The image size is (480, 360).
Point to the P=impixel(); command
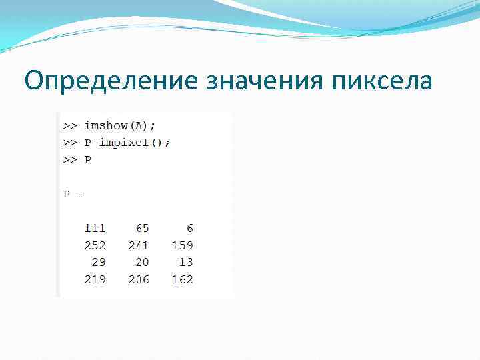127,143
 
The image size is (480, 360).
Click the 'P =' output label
74,194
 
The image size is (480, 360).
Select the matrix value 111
95,228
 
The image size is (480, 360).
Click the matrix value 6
189,228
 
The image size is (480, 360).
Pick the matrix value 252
95,245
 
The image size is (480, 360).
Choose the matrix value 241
139,245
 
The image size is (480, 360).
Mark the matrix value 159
182,245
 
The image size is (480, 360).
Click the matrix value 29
98,262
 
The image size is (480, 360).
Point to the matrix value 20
142,262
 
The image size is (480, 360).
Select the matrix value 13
186,262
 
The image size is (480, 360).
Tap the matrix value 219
95,279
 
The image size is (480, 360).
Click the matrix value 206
139,279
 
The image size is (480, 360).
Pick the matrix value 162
182,279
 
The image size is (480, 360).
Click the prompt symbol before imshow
70,125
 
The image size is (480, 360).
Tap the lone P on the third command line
88,160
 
